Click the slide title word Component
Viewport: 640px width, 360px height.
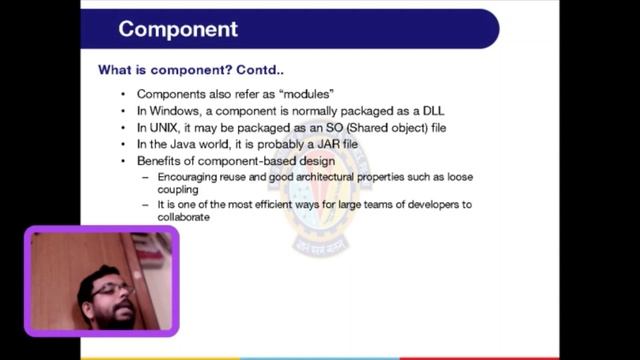[x=178, y=28]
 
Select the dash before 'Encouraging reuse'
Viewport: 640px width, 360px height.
[x=146, y=176]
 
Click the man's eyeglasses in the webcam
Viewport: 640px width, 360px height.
[x=112, y=291]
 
